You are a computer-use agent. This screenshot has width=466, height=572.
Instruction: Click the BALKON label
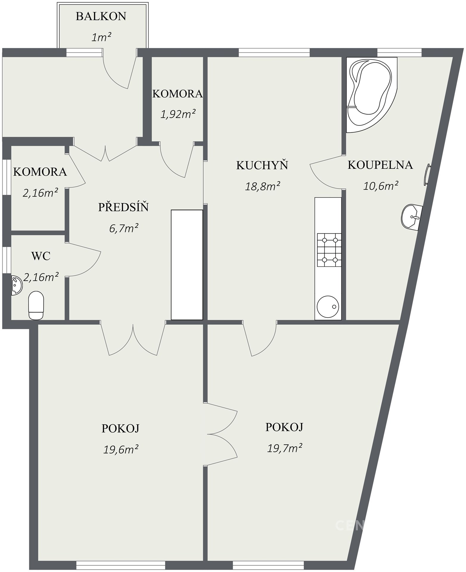[x=101, y=16]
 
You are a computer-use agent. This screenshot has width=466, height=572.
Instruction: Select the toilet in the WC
[x=36, y=305]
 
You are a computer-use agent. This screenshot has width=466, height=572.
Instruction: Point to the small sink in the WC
[x=16, y=285]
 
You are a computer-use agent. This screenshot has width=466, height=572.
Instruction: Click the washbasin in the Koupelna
[x=411, y=217]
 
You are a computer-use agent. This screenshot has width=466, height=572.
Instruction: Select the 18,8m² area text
[x=262, y=186]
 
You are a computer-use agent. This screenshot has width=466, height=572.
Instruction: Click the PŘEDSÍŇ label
[x=123, y=207]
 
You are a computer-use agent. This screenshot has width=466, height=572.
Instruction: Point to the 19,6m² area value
[x=121, y=449]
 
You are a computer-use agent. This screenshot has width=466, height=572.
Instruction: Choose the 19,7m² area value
[x=285, y=448]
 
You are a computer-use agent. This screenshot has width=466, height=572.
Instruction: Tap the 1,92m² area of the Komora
[x=178, y=114]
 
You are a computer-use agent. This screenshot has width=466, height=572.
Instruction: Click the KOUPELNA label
[x=380, y=165]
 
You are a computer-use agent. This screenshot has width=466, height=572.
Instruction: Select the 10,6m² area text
[x=381, y=186]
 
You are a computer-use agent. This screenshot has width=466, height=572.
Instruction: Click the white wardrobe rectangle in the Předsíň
[x=187, y=265]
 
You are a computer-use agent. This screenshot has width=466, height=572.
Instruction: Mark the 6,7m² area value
[x=124, y=229]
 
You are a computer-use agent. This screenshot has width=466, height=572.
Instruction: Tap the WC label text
[x=41, y=256]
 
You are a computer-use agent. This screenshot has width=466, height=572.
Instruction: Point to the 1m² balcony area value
[x=101, y=38]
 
